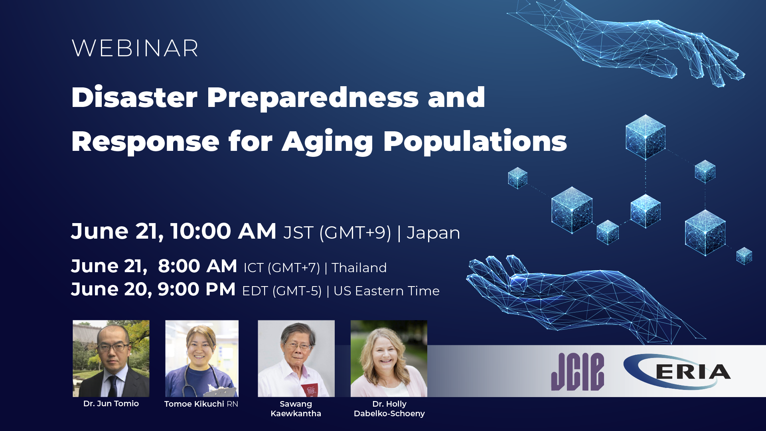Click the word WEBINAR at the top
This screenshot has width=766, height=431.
pos(135,49)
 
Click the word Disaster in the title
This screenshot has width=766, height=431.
pos(134,98)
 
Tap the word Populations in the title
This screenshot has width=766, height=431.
pos(475,142)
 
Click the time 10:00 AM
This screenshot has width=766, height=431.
pos(223,231)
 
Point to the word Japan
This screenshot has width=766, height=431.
pos(433,233)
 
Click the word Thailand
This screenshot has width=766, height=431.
pos(359,268)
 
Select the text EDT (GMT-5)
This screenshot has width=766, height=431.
pos(282,291)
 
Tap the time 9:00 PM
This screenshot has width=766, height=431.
pos(196,289)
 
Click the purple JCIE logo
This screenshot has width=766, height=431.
pos(577,372)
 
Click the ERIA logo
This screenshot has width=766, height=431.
pos(677,372)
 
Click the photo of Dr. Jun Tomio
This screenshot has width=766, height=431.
pos(111,358)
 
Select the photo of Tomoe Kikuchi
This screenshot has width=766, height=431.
pos(202,358)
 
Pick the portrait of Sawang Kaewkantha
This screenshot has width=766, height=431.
pos(296,358)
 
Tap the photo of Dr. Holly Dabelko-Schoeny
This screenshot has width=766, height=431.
pos(389,358)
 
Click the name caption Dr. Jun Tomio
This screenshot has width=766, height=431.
pos(111,403)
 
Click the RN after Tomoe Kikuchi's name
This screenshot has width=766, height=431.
pos(232,404)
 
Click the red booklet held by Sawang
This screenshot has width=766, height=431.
pos(310,389)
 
